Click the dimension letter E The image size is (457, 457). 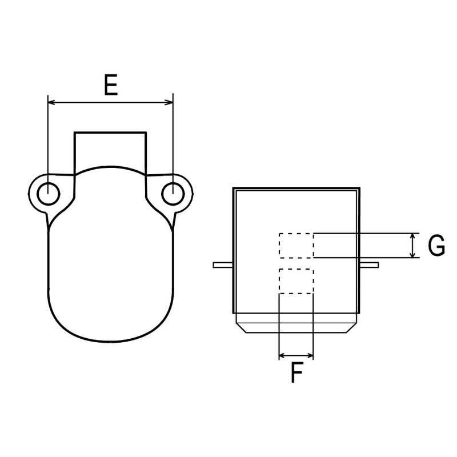tap(111, 85)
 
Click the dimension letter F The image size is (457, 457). tap(296, 372)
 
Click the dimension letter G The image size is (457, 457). tap(436, 245)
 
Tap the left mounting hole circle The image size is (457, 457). tap(49, 194)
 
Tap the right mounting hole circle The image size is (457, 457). tap(173, 194)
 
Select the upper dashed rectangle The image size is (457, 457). tap(296, 246)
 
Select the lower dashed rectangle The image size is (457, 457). tap(296, 281)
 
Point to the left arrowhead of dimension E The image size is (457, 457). tap(51, 102)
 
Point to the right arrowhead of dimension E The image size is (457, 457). tap(169, 102)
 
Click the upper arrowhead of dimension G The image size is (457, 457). tap(412, 236)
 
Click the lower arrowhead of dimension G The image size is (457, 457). tap(412, 254)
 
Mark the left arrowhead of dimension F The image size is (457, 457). tap(282, 355)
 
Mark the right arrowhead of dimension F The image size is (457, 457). tap(310, 355)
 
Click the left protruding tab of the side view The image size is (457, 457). tap(223, 265)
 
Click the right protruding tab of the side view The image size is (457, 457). tap(369, 265)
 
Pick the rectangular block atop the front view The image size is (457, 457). tap(110, 153)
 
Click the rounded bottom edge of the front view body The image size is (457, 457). tap(111, 342)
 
